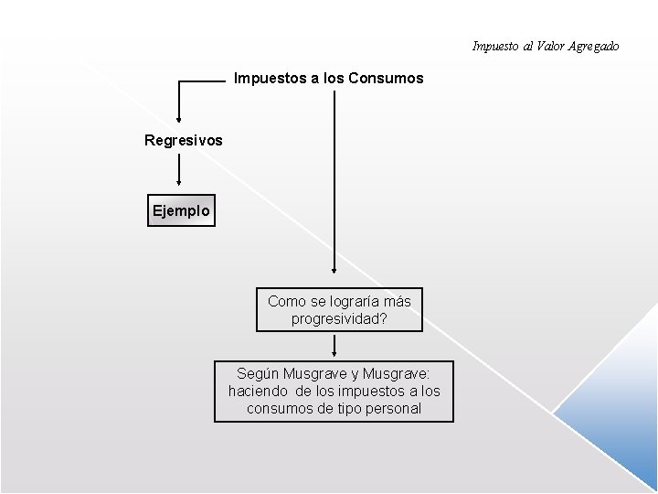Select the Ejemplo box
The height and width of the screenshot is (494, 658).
pyautogui.click(x=182, y=210)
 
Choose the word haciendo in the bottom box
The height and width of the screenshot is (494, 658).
pyautogui.click(x=260, y=391)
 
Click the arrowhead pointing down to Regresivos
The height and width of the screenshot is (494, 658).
pyautogui.click(x=178, y=118)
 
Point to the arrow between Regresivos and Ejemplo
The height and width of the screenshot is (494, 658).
pyautogui.click(x=178, y=170)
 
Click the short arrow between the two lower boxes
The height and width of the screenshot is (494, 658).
pyautogui.click(x=334, y=346)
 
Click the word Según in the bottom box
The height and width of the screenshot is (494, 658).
pyautogui.click(x=259, y=373)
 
